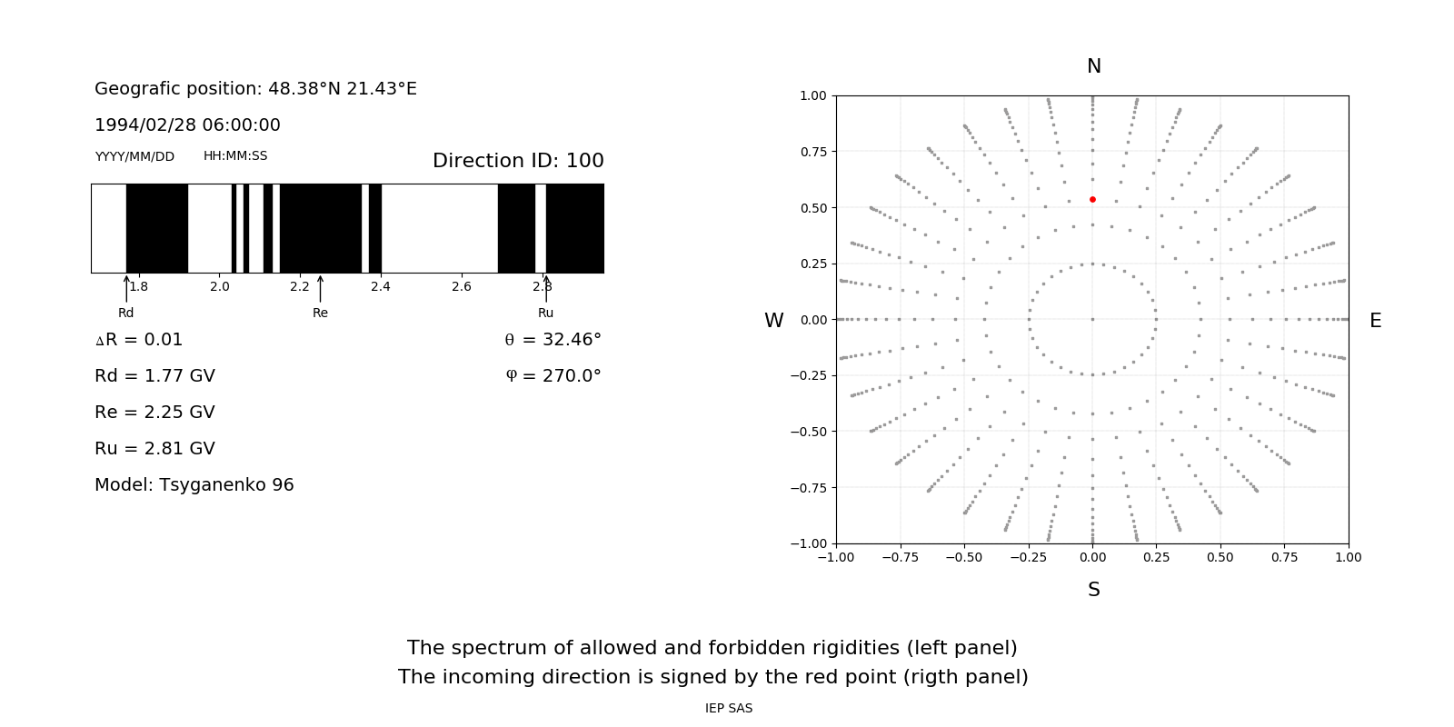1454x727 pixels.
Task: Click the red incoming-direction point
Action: [x=1092, y=199]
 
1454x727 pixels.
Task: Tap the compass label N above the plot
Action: [x=1094, y=66]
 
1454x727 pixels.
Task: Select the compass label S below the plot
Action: [x=1094, y=590]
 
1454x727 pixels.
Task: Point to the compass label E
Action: [x=1375, y=321]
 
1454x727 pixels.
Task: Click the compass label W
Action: [x=773, y=321]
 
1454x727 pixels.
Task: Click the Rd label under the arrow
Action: [x=125, y=314]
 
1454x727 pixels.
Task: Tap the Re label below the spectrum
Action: [x=320, y=314]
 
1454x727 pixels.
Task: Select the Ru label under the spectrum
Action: [x=545, y=314]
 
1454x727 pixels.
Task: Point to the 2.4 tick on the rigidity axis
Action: [x=381, y=287]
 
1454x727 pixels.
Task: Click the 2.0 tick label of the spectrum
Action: [x=220, y=287]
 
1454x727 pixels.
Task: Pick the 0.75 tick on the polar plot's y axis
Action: [x=812, y=152]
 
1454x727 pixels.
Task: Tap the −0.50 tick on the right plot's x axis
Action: [x=964, y=557]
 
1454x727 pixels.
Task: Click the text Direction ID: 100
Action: [x=518, y=161]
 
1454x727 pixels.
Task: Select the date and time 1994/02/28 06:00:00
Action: [x=187, y=125]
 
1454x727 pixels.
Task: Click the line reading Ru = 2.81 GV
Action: [x=154, y=449]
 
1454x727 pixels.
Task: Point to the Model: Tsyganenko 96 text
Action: [x=194, y=485]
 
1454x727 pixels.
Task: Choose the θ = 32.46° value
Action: [x=553, y=340]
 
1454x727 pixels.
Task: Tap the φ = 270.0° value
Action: [x=553, y=376]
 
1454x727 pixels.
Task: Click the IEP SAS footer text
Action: [x=729, y=709]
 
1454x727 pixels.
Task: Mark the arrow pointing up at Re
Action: [x=320, y=288]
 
